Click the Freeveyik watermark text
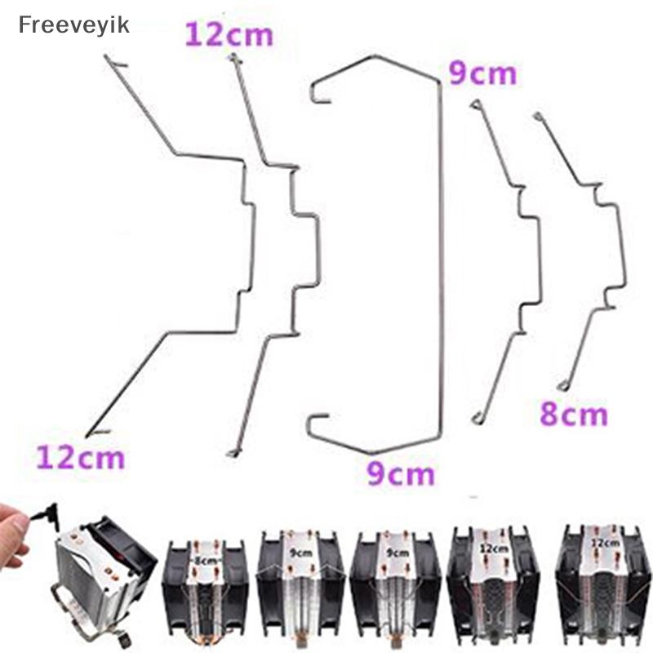tap(73, 25)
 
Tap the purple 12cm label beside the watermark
tap(229, 34)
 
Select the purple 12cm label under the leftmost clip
tap(80, 457)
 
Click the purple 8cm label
tap(574, 415)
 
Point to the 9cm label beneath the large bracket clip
tap(401, 473)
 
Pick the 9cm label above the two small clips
tap(482, 73)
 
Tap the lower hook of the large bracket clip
tap(318, 424)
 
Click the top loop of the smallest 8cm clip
tap(538, 116)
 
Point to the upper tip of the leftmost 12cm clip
tap(107, 56)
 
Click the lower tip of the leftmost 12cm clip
tap(87, 435)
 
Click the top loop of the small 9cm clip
tap(475, 104)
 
